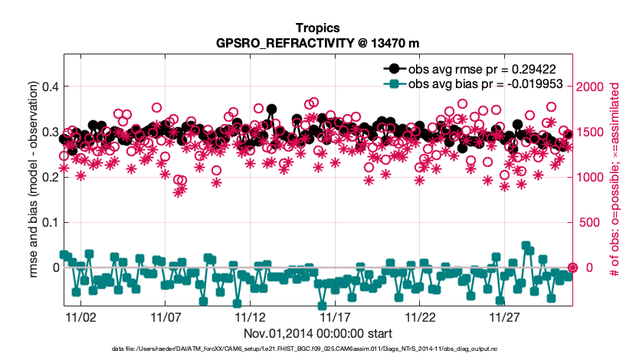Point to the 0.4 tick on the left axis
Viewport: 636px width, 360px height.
click(48, 87)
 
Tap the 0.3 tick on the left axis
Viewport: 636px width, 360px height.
click(48, 132)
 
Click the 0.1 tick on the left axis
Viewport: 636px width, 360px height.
click(48, 222)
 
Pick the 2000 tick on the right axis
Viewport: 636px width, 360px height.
click(594, 87)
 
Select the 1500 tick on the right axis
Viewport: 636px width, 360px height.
click(594, 132)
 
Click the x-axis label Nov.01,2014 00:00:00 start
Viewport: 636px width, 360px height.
click(318, 333)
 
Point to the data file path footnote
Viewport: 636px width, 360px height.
click(318, 349)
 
